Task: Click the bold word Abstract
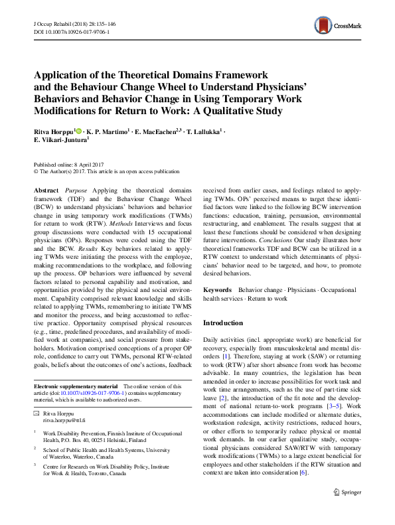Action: click(x=46, y=190)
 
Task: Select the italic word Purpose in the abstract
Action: click(x=78, y=190)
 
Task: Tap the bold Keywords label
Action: click(x=217, y=290)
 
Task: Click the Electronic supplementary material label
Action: click(x=76, y=386)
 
